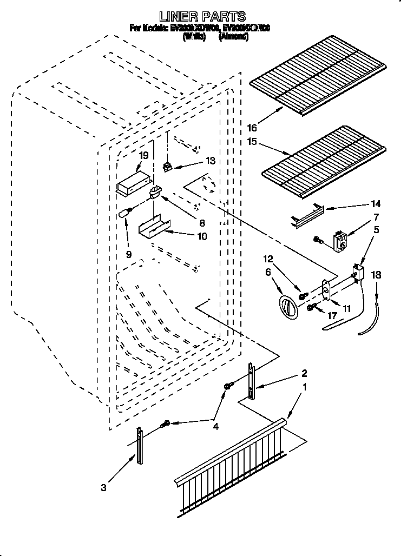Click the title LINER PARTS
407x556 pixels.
point(203,17)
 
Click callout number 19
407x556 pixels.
point(143,155)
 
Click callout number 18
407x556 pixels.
point(377,275)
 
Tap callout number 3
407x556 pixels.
point(103,487)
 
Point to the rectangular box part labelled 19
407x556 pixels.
point(133,183)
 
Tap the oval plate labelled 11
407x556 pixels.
point(326,289)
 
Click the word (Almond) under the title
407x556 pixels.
point(233,37)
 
